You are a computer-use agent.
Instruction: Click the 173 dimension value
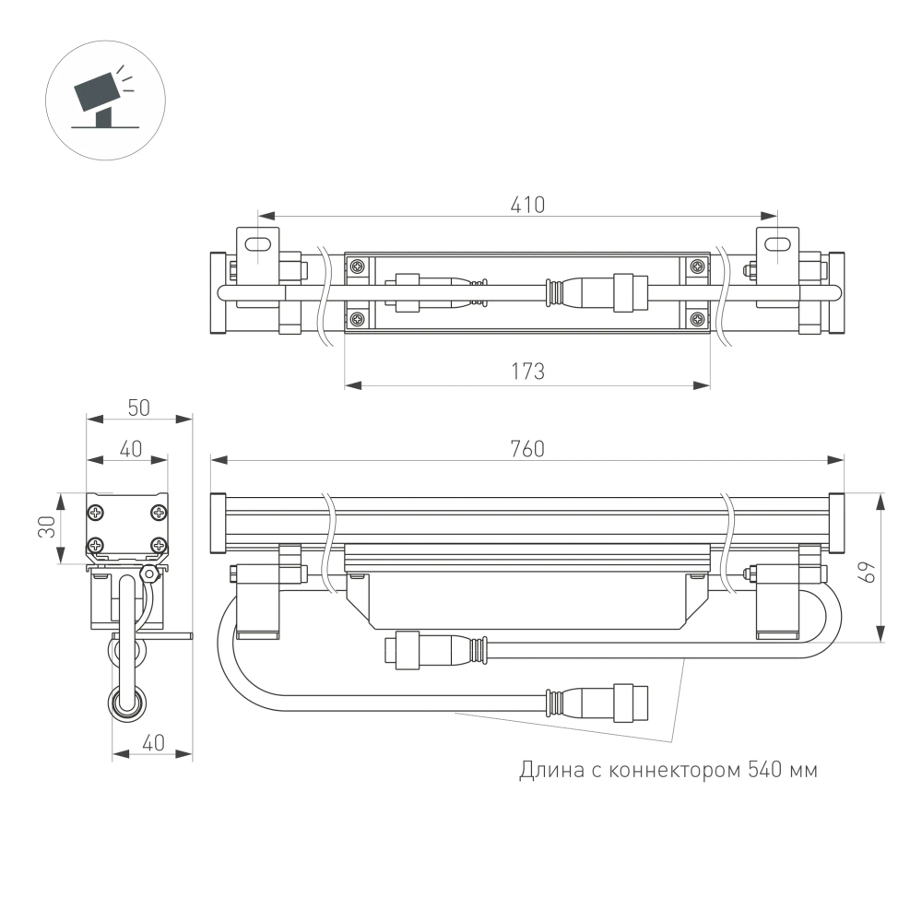[x=527, y=372]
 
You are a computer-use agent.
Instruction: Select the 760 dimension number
[x=528, y=449]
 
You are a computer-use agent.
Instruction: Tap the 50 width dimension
[x=139, y=408]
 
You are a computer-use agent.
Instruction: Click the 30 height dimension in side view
[x=47, y=527]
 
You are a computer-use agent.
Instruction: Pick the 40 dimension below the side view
[x=153, y=743]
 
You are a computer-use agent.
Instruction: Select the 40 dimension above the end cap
[x=130, y=449]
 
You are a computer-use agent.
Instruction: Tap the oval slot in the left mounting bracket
[x=261, y=243]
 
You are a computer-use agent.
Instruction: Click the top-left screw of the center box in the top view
[x=357, y=267]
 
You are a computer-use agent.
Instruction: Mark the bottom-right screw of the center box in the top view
[x=697, y=320]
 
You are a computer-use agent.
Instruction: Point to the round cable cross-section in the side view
[x=127, y=703]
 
